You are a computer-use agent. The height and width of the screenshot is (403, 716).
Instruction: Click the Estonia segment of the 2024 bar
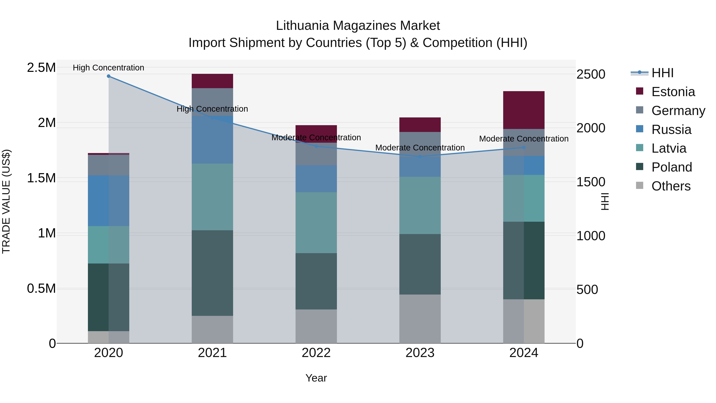[524, 110]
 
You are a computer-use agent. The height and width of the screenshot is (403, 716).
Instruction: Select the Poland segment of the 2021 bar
[212, 273]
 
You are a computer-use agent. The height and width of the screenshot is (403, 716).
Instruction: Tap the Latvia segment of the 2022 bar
[316, 222]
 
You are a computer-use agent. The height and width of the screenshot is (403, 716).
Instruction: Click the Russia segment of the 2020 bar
[108, 201]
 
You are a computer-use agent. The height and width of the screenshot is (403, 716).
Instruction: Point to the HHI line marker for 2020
[109, 76]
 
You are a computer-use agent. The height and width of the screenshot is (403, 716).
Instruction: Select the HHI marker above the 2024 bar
[524, 148]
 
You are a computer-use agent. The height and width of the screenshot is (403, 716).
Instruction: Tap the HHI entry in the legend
[662, 73]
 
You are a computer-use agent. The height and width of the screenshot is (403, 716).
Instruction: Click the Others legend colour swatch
[640, 185]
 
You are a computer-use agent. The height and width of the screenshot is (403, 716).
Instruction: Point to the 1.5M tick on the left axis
[41, 178]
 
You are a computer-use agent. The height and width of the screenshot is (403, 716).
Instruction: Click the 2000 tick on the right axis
[591, 128]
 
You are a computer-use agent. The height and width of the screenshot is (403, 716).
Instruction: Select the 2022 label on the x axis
[316, 353]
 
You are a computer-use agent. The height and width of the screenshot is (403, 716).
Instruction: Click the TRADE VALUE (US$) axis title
[6, 201]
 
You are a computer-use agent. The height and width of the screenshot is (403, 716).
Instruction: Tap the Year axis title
[316, 378]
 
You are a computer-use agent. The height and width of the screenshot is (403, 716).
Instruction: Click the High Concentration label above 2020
[108, 68]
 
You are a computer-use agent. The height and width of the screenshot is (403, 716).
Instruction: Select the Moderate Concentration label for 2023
[420, 148]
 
